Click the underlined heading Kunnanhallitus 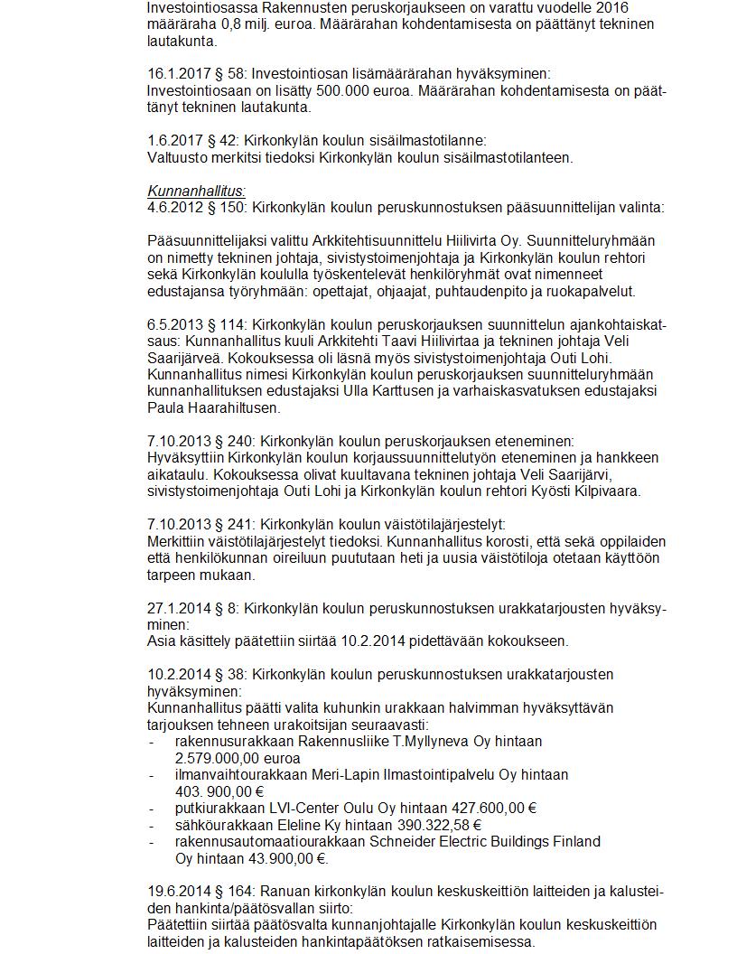(196, 191)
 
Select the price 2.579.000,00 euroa (237, 759)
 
